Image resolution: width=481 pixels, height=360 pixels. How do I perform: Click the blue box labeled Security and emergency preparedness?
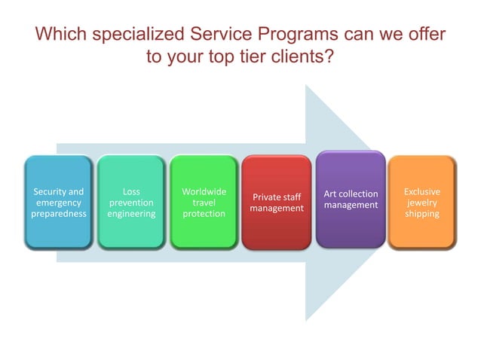click(x=59, y=203)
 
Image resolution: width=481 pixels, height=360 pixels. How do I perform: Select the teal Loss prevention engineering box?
click(x=131, y=203)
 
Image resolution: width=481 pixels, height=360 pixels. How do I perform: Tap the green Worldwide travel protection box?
click(x=204, y=203)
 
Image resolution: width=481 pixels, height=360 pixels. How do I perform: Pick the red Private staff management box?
click(x=277, y=203)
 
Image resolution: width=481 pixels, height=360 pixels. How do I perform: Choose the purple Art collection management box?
click(x=351, y=200)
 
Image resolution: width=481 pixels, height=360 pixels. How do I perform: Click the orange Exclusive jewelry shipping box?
click(x=422, y=203)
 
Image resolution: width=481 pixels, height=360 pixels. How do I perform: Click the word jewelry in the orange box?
click(x=422, y=203)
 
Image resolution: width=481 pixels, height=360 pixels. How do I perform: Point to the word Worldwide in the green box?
click(x=204, y=192)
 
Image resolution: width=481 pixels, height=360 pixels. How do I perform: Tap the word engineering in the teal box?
click(x=131, y=214)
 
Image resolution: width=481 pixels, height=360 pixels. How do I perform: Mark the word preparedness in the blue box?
click(x=59, y=214)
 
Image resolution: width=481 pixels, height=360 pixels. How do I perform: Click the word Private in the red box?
click(x=266, y=197)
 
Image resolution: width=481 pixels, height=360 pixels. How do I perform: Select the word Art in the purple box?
click(x=330, y=194)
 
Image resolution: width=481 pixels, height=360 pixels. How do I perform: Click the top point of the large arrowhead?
click(x=306, y=85)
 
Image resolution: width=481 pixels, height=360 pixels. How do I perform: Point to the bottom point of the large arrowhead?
click(x=306, y=321)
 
